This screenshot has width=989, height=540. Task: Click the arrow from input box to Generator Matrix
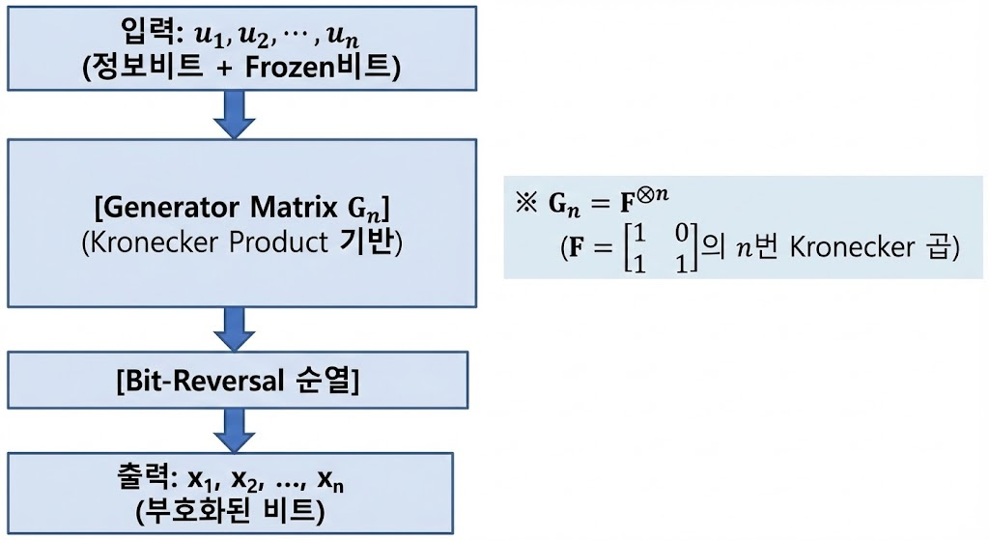coord(233,115)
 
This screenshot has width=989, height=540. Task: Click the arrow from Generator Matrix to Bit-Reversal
coord(233,329)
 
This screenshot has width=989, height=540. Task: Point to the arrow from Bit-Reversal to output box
coord(233,428)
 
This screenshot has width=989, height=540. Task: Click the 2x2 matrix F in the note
coord(657,248)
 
